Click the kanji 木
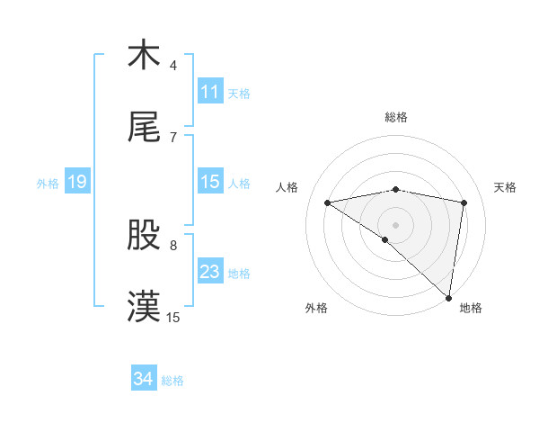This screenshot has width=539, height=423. click(144, 55)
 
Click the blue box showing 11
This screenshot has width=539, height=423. click(210, 92)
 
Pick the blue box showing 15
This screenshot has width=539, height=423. click(210, 182)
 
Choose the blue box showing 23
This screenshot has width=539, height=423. click(210, 272)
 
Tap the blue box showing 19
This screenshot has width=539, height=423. click(76, 182)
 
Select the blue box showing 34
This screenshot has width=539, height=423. click(144, 379)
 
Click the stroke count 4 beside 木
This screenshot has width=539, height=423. click(173, 66)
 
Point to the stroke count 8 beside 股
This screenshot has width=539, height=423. click(173, 245)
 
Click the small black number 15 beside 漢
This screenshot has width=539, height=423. click(173, 318)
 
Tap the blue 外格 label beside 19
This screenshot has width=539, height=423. click(48, 183)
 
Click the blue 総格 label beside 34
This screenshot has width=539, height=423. click(172, 380)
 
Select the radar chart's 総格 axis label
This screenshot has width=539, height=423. click(396, 117)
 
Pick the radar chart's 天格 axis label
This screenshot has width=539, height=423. click(505, 187)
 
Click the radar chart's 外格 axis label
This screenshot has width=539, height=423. click(315, 308)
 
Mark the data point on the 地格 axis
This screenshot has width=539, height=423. click(448, 296)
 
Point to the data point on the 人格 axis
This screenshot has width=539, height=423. click(328, 202)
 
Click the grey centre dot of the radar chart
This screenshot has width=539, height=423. click(395, 223)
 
